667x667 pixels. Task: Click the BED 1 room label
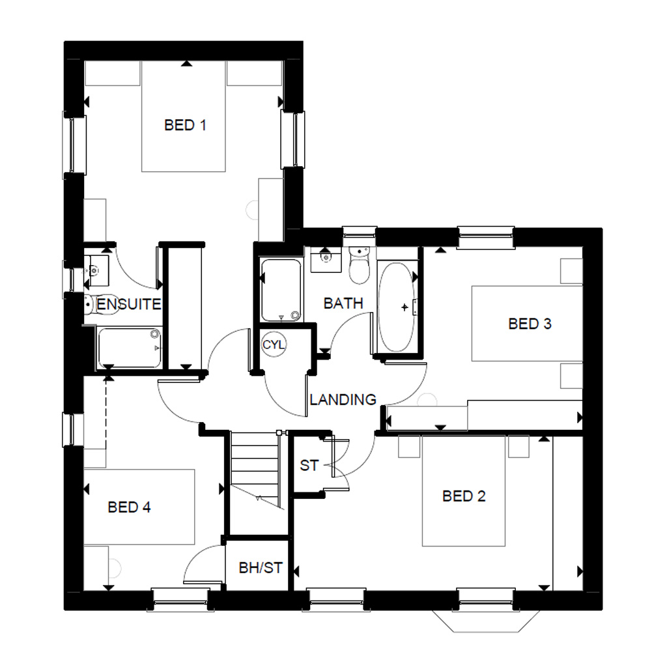[185, 125]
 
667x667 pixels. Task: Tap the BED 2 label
[464, 496]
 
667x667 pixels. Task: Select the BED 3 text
[530, 324]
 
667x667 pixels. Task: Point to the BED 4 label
[129, 507]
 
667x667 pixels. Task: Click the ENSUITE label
[129, 304]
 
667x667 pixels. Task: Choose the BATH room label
[343, 304]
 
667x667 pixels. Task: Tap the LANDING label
[343, 399]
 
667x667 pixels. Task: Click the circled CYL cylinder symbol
[274, 344]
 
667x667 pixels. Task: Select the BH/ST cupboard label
[261, 567]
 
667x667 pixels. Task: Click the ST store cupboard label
[309, 465]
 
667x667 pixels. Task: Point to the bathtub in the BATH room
[397, 307]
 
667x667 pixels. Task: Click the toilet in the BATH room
[360, 266]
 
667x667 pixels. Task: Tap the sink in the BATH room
[326, 259]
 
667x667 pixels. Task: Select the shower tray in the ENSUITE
[130, 348]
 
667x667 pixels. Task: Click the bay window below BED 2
[486, 621]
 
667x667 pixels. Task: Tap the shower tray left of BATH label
[281, 291]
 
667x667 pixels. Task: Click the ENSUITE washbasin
[96, 270]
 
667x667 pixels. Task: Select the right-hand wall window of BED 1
[293, 140]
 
